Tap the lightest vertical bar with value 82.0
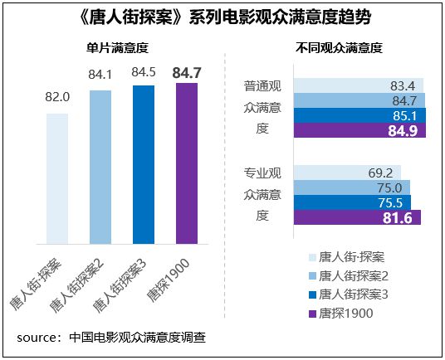click(57, 178)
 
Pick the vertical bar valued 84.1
click(100, 167)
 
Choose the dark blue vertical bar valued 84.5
click(144, 165)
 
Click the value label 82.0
click(57, 97)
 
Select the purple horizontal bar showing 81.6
click(358, 217)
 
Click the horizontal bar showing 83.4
click(359, 85)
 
